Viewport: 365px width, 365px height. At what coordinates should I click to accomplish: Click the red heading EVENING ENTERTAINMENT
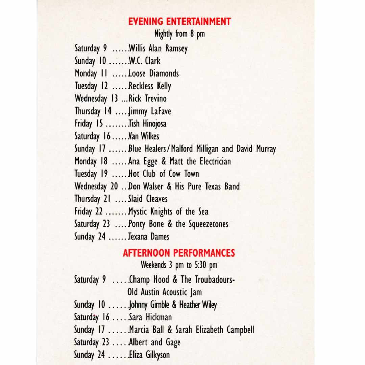[179, 22]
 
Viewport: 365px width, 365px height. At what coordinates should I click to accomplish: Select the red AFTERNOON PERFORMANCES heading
[179, 253]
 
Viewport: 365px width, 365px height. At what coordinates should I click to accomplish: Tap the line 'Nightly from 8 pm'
[179, 34]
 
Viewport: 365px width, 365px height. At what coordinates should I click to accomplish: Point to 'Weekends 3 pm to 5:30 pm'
[179, 265]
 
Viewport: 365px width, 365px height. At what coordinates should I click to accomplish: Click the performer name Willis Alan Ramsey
[158, 48]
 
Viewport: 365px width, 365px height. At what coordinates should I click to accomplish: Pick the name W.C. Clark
[145, 61]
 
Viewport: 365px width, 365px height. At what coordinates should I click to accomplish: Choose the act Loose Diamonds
[154, 73]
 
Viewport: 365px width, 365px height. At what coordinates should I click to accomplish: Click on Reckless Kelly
[150, 86]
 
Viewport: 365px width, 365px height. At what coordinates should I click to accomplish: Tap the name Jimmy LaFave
[150, 111]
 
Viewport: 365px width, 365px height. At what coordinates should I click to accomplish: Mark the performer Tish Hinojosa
[147, 124]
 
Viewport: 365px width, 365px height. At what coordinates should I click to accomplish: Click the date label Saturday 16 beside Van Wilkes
[93, 137]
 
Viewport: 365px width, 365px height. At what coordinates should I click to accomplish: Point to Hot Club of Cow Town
[164, 174]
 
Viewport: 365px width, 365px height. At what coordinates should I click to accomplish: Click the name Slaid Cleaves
[148, 199]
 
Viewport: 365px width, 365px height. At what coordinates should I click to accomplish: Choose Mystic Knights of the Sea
[168, 212]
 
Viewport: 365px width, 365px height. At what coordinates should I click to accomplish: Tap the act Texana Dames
[149, 237]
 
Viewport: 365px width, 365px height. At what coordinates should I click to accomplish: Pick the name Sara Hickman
[150, 317]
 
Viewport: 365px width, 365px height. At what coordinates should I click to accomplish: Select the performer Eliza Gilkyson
[149, 355]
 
